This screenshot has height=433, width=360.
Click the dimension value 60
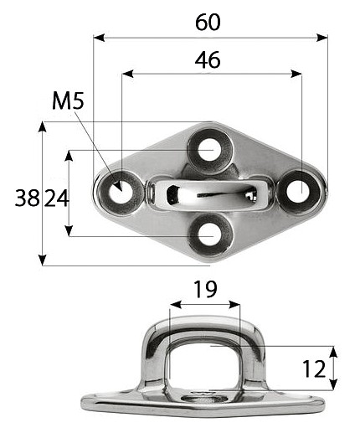click(x=208, y=23)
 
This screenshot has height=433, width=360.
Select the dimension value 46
click(x=208, y=59)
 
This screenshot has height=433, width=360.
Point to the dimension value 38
click(x=27, y=198)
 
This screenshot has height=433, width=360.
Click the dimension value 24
click(x=56, y=198)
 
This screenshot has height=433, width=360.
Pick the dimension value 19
click(x=205, y=290)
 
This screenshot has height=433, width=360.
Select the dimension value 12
click(x=314, y=369)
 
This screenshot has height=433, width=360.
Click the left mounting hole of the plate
click(x=121, y=193)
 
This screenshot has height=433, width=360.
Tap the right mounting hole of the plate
click(x=299, y=192)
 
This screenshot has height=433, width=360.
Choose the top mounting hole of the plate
click(x=209, y=151)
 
